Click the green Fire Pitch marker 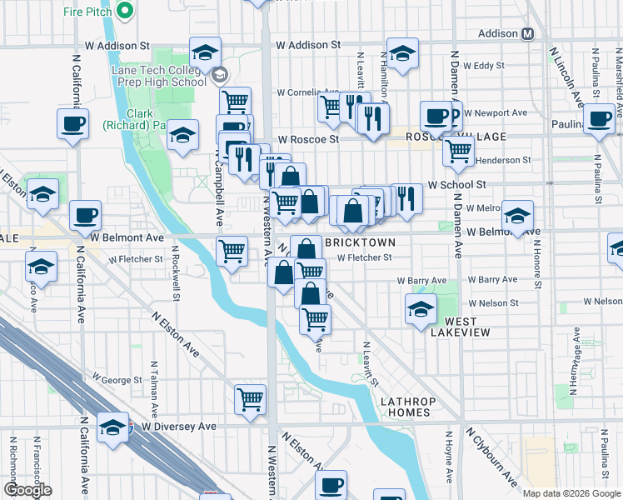tap(125, 12)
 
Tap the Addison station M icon tap(528, 35)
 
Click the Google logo tap(27, 490)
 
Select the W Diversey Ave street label tap(178, 426)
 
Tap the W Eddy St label tap(485, 65)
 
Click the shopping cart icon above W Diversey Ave tap(250, 399)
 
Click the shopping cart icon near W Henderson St tap(458, 151)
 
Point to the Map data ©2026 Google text tap(571, 493)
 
